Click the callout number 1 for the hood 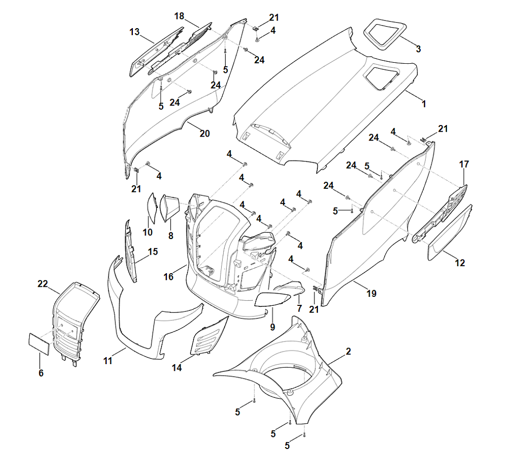[x=424, y=104]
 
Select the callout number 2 [x=348, y=352]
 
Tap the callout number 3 [x=418, y=49]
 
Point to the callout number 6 [x=41, y=373]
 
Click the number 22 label [x=43, y=284]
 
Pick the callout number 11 [x=108, y=361]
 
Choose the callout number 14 [x=177, y=368]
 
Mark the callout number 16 [x=168, y=277]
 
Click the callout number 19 [x=371, y=294]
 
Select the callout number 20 [x=204, y=134]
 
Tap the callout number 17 [x=464, y=164]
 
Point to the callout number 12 [x=460, y=263]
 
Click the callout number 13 [x=134, y=32]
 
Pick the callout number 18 [x=180, y=16]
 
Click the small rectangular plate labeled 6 [x=38, y=344]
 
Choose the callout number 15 [x=153, y=252]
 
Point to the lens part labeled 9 [x=272, y=300]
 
